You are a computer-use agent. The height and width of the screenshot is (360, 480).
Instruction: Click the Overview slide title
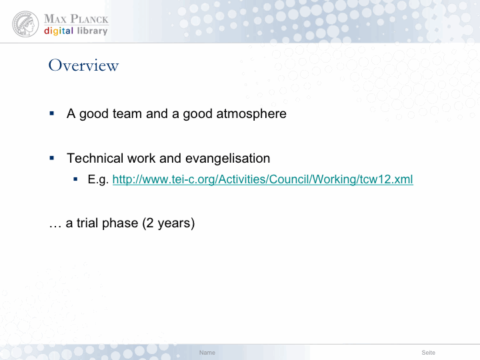pos(83,65)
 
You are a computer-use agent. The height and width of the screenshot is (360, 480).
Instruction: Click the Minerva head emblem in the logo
pos(25,24)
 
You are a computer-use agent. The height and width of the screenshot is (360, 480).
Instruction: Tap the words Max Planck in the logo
pos(76,19)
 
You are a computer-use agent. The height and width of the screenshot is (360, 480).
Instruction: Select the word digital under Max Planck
pos(59,31)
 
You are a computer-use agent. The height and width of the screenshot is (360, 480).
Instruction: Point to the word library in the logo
pos(93,31)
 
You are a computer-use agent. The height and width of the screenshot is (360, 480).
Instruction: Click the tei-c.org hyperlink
pos(263,179)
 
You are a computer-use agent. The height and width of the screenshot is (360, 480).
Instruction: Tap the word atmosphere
pos(251,114)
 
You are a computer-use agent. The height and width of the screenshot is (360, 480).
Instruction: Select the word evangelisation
pos(228,158)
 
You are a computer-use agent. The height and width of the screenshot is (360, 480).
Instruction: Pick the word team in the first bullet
pos(127,114)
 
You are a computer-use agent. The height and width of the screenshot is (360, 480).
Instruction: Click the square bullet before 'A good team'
pos(52,113)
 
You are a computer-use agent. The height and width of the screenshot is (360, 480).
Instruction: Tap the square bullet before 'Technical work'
pos(52,158)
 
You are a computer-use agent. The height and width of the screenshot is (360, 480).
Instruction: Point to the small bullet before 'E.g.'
pos(75,179)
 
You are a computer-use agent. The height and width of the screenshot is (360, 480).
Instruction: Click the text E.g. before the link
pos(98,180)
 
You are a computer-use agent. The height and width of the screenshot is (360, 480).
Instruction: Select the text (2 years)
pos(169,223)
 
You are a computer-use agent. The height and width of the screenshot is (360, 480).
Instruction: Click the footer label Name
pos(207,353)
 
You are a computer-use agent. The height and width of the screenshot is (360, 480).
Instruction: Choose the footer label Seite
pos(428,353)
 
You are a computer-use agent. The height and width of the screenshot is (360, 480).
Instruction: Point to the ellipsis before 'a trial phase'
pos(55,227)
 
